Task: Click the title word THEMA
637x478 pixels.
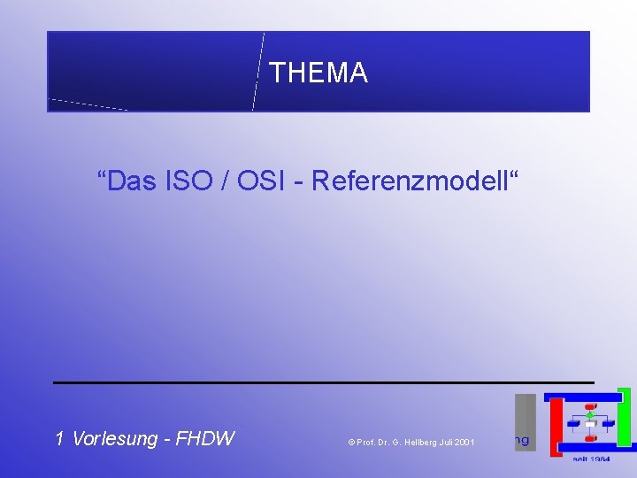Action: click(x=318, y=73)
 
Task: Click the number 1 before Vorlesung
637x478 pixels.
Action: click(x=59, y=438)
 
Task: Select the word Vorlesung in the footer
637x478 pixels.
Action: click(x=114, y=438)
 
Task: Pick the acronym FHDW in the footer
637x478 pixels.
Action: click(x=205, y=438)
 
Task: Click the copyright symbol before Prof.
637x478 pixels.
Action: click(x=350, y=442)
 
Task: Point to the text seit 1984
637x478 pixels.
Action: click(x=590, y=459)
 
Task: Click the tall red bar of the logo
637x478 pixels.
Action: click(x=556, y=427)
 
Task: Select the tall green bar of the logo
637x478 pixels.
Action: click(x=625, y=416)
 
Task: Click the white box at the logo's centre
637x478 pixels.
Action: click(x=590, y=424)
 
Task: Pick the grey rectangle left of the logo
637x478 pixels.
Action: click(x=526, y=422)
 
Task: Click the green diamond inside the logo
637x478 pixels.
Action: click(x=590, y=414)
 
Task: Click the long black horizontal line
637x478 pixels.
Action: click(x=323, y=382)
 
